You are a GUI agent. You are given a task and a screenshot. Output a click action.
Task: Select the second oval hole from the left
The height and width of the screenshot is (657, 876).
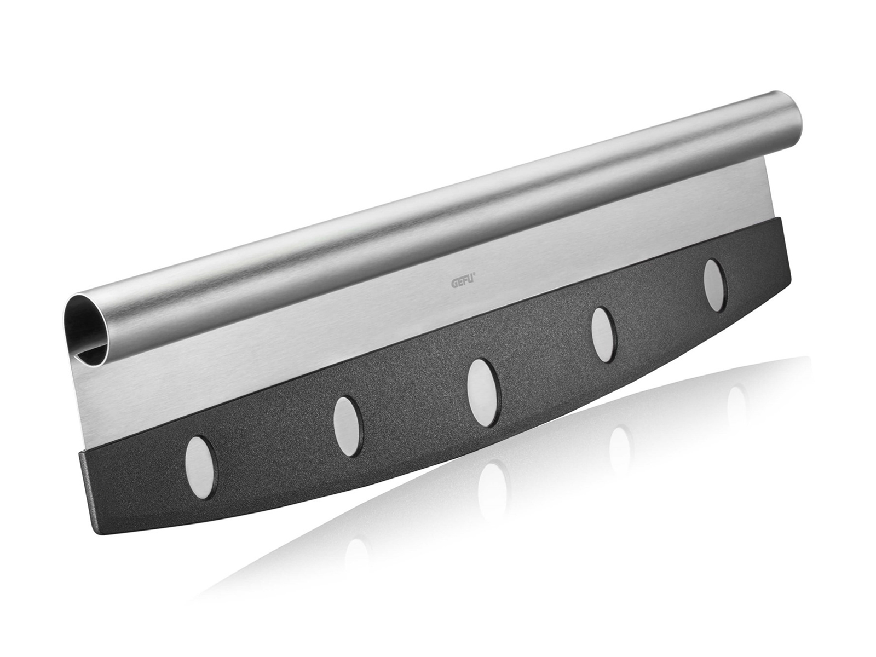[348, 427]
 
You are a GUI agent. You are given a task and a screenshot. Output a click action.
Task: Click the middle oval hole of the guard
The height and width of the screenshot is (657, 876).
[483, 392]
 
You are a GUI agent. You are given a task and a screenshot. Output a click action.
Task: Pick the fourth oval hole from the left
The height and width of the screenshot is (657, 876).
[604, 335]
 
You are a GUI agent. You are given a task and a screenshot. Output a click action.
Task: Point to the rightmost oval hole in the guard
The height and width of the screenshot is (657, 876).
[715, 285]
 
